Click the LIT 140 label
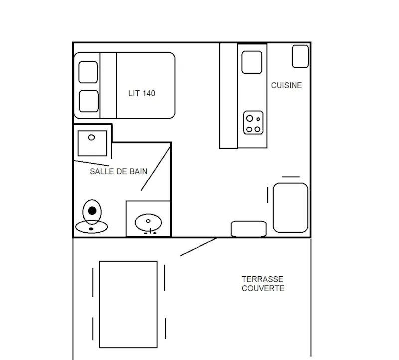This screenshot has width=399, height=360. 142,93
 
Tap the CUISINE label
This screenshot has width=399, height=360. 286,85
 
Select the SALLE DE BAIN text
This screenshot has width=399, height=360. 118,171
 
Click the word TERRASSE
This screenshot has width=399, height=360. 262,279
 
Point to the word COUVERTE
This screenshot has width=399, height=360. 263,288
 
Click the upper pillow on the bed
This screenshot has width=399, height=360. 88,72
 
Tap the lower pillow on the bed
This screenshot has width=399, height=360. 88,101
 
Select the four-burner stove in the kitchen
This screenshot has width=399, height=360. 253,123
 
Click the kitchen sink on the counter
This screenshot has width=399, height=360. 252,62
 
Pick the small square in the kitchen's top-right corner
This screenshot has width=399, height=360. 300,56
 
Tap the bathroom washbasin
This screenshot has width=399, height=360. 149,222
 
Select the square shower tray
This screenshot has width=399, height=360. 92,143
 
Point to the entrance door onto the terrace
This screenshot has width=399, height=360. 198,247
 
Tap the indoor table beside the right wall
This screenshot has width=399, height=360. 290,207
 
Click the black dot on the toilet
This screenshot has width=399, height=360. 92,210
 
